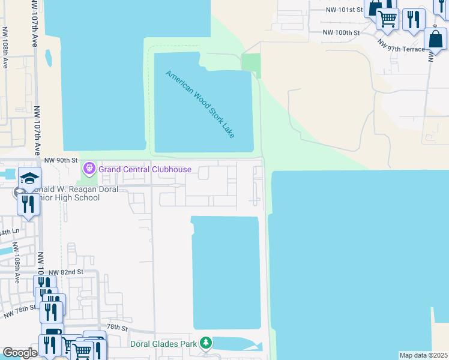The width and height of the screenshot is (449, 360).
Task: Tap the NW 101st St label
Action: click(x=345, y=10)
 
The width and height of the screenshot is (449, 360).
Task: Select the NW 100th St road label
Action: click(x=340, y=32)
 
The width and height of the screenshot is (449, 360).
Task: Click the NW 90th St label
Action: click(x=62, y=160)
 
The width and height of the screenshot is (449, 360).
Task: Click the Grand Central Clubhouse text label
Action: click(x=145, y=169)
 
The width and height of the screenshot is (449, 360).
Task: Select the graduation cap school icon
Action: click(x=29, y=178)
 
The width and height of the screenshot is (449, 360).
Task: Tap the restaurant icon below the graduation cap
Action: click(x=29, y=204)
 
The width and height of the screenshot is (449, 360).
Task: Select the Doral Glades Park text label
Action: click(x=164, y=344)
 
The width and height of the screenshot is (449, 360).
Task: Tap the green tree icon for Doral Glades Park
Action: click(x=206, y=343)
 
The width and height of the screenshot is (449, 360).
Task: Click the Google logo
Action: click(x=20, y=353)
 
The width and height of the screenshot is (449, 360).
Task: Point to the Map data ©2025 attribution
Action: click(x=423, y=355)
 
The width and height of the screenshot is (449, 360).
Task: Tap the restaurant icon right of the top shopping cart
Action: click(x=413, y=19)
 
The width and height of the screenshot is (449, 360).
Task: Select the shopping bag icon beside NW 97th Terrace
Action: click(x=435, y=40)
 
